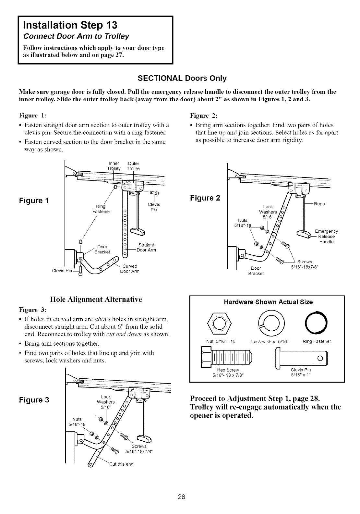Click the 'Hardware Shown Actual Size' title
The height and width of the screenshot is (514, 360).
(x=269, y=302)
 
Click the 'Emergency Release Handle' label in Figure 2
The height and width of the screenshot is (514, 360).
(x=326, y=236)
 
